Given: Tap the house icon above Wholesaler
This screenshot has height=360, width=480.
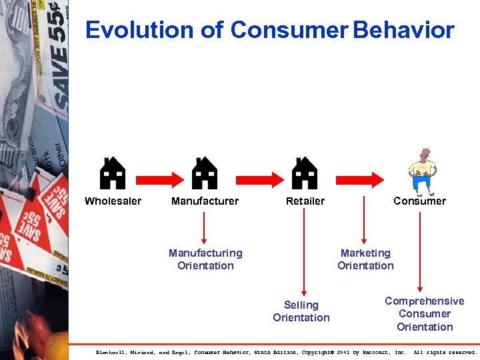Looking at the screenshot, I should [x=113, y=174].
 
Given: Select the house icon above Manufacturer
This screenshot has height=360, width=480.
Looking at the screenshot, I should [x=205, y=174].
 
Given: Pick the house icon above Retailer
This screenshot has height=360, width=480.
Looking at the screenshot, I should [x=305, y=174].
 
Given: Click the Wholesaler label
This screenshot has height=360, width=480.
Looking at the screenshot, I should [x=113, y=201].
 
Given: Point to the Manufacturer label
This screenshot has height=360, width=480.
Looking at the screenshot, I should [x=205, y=201].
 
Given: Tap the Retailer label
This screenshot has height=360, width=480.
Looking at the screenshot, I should [x=305, y=201].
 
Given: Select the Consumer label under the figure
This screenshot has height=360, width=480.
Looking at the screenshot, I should [x=419, y=201].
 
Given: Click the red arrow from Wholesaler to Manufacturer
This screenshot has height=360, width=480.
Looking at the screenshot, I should [x=159, y=178].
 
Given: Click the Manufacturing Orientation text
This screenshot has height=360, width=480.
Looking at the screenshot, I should [x=205, y=259].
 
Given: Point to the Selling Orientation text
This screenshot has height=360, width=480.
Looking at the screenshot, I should [x=301, y=311].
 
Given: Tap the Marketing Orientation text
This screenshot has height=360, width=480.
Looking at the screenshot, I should [x=365, y=259].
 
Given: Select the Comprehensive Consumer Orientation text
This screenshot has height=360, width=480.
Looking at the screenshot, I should [x=425, y=314].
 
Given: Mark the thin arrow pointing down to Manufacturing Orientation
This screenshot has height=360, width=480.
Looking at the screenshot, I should [x=205, y=227].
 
